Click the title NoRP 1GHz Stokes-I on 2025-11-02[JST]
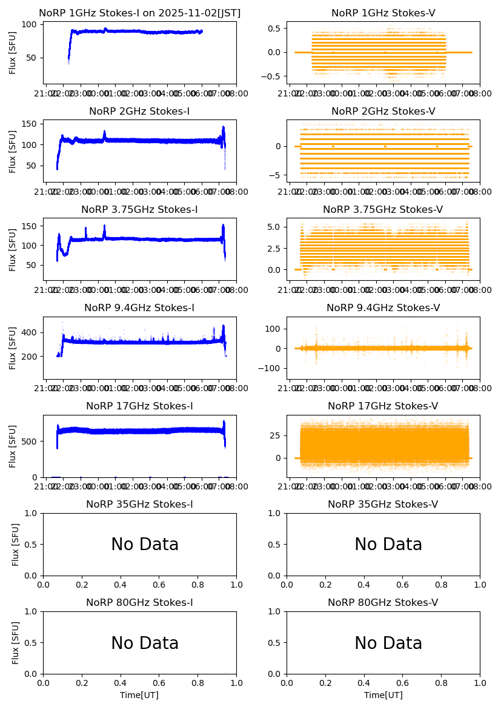(x=139, y=13)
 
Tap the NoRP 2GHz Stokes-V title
(x=383, y=112)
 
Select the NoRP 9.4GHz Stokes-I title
(x=139, y=308)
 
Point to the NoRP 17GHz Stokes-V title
(x=383, y=406)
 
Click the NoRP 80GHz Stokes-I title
(x=139, y=603)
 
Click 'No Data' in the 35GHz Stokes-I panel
(x=145, y=545)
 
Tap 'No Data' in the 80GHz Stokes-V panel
(x=388, y=643)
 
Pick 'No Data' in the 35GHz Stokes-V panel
(x=388, y=545)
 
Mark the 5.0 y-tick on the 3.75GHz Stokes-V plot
(x=275, y=227)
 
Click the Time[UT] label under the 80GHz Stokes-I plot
(x=139, y=695)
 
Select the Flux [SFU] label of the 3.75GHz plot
(x=13, y=249)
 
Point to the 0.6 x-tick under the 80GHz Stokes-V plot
(x=403, y=684)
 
